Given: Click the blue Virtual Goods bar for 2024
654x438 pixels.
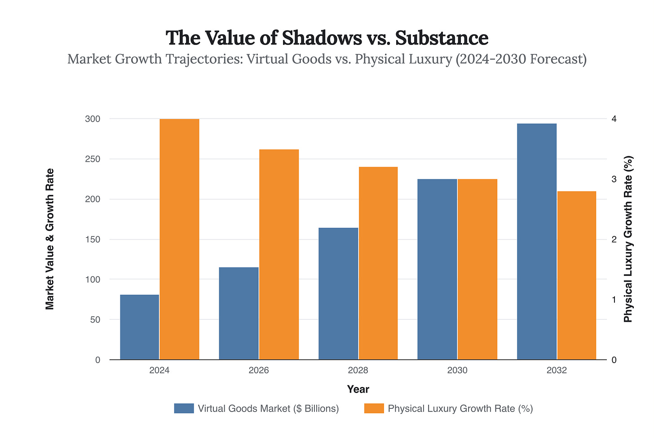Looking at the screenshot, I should tap(139, 327).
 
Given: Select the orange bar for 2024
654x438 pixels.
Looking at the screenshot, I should tap(179, 239).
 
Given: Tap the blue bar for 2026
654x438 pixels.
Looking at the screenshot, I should tap(239, 313).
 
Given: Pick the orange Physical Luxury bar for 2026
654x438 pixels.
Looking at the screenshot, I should tap(279, 254).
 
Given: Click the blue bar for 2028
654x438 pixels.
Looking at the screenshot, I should tap(338, 293).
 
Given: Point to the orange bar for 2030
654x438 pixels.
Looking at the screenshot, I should tap(477, 269).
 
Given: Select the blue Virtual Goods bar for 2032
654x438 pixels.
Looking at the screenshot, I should tap(537, 241).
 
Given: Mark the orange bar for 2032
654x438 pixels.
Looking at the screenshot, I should tap(577, 275).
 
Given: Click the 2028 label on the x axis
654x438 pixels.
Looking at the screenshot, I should tap(358, 371).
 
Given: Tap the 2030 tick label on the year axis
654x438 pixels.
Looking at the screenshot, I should tap(457, 371).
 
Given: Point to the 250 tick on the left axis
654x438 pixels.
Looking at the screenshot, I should tap(93, 159).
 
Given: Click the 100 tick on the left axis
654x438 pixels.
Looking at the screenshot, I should tap(93, 279).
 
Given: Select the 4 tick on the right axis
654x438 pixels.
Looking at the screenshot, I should tap(614, 119).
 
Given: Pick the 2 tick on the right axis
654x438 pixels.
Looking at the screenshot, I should tap(614, 239).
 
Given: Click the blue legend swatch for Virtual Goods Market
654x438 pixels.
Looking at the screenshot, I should tap(184, 408).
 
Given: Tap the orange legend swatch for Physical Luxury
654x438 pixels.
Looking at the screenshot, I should tap(374, 408).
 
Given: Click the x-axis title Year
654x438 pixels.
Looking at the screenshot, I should tap(358, 389).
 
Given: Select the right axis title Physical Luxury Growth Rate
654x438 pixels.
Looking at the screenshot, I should tap(628, 239).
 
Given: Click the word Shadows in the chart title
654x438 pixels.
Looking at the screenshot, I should tap(321, 38).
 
